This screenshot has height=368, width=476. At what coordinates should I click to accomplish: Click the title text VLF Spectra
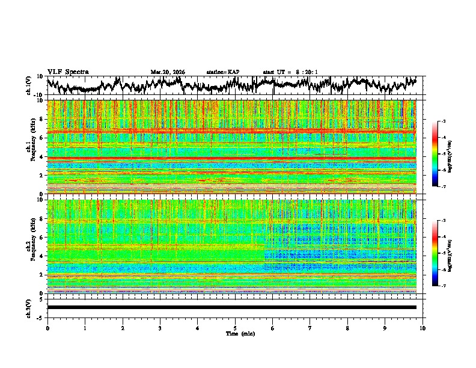tap(68, 72)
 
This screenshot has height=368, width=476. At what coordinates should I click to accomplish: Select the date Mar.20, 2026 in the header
tap(168, 72)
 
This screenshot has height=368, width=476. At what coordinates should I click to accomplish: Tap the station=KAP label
tap(223, 72)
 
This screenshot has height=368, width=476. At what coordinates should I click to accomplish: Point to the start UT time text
tap(290, 72)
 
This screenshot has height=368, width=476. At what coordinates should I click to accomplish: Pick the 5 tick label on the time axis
tap(235, 328)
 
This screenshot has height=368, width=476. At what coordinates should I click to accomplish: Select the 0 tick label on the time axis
tap(47, 328)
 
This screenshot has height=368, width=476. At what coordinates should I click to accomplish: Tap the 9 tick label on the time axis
tap(385, 328)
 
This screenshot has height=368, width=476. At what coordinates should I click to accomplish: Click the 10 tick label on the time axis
tap(423, 328)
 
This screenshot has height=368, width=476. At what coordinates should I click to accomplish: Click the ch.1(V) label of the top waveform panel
tap(29, 85)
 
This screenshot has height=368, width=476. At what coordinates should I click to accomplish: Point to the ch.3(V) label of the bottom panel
tap(29, 307)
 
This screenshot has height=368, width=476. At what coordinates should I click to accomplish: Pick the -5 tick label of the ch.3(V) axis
tap(40, 316)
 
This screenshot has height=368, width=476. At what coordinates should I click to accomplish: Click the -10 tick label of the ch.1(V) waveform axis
tap(38, 95)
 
